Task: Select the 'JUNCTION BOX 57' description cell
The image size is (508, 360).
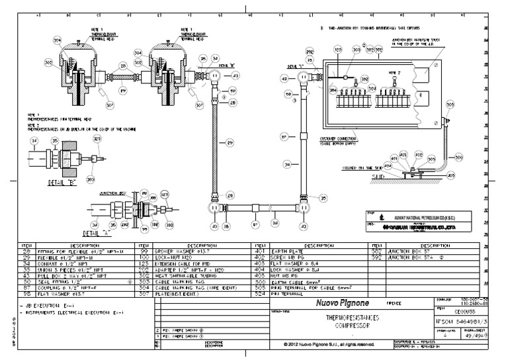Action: point(409,251)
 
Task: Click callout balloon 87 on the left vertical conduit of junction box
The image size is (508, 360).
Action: point(284,137)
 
